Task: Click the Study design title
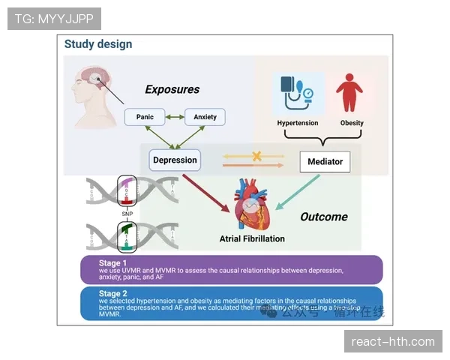coord(98,44)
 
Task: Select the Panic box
coord(145,117)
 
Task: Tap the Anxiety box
coord(205,117)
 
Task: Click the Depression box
coord(175,159)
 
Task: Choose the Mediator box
coord(325,161)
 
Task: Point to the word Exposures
coord(172,90)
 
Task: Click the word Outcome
coord(324,217)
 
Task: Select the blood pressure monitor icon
coord(295,94)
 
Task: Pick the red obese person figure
coord(349,93)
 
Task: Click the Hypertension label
coord(298,123)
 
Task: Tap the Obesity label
coord(352,123)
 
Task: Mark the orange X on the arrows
coord(256,157)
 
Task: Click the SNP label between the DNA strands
coord(127,214)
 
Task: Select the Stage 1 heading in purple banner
coord(114,262)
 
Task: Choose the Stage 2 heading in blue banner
coord(114,293)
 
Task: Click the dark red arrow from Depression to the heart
coord(205,192)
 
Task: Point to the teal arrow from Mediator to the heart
coord(298,193)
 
